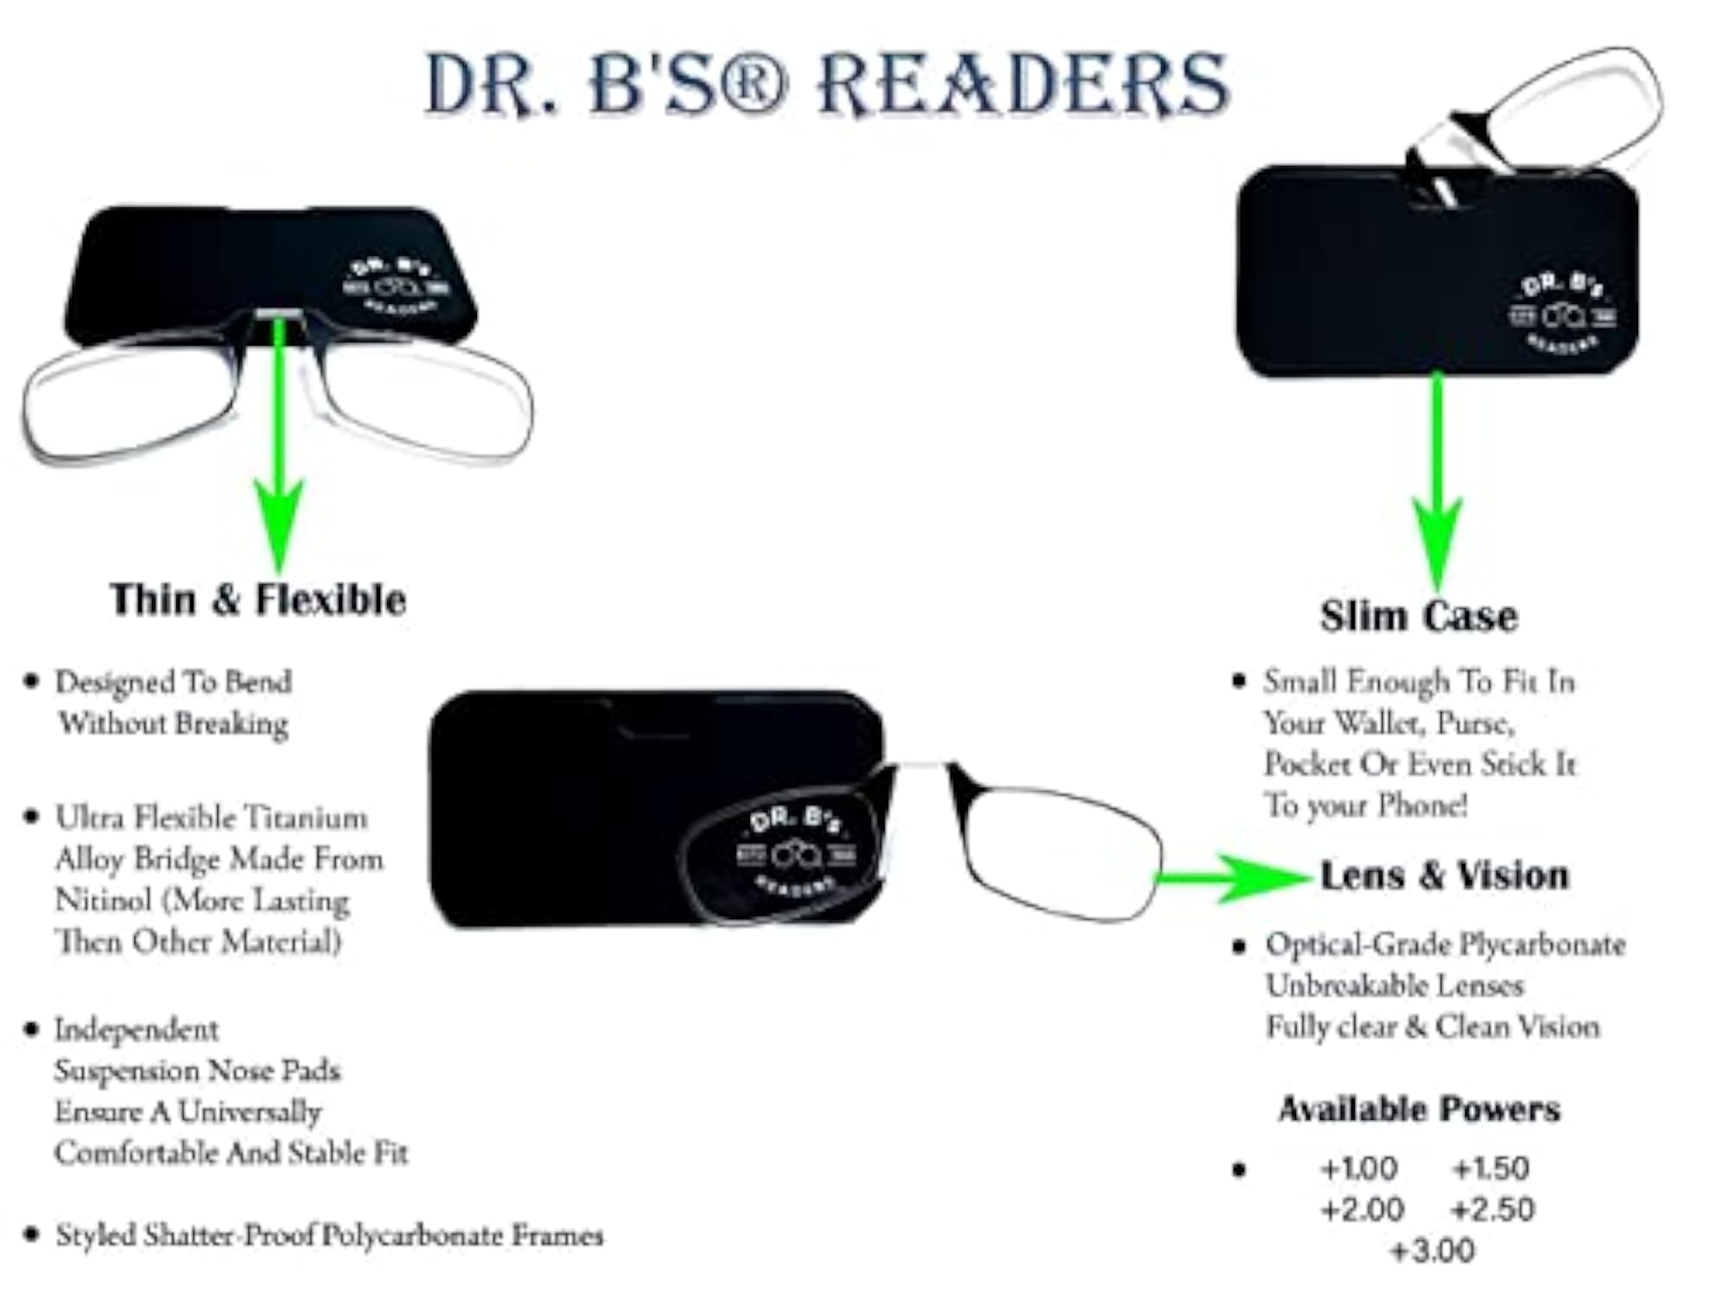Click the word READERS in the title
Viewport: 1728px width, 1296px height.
click(x=1023, y=84)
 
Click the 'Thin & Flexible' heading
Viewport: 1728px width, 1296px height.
click(x=258, y=600)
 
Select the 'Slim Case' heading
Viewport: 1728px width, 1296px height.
click(x=1419, y=616)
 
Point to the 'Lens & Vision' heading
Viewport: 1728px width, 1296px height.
click(x=1445, y=876)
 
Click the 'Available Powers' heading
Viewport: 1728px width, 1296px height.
click(x=1420, y=1109)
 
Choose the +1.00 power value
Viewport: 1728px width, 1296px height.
click(x=1359, y=1168)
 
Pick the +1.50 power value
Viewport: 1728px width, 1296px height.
click(x=1491, y=1168)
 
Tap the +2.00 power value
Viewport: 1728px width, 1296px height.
click(x=1363, y=1210)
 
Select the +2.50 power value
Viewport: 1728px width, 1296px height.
click(x=1493, y=1210)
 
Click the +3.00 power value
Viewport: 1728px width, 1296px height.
click(x=1433, y=1250)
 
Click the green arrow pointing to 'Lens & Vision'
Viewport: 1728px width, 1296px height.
click(x=1234, y=878)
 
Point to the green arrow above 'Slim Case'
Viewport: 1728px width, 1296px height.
click(x=1437, y=481)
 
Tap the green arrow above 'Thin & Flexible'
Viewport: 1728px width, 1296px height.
click(x=279, y=445)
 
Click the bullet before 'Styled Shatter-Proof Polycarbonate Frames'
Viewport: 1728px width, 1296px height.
click(x=32, y=1233)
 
